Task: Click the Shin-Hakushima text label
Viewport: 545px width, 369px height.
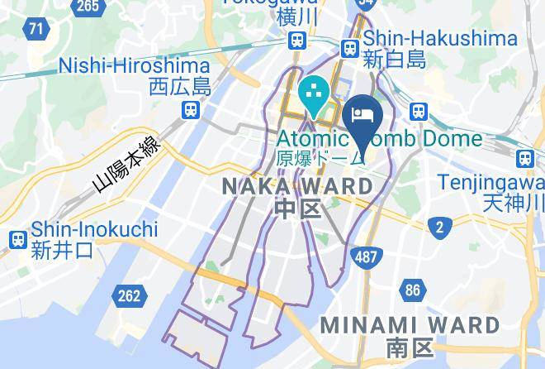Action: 440,38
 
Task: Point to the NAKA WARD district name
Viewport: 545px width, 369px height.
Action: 298,187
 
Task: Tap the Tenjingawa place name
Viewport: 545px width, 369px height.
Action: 490,181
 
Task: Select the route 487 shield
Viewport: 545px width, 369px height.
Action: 367,256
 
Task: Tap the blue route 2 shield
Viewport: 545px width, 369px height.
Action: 440,226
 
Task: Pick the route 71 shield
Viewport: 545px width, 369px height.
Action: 35,30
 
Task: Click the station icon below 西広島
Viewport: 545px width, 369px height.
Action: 192,109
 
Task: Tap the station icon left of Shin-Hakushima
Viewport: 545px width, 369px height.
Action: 351,48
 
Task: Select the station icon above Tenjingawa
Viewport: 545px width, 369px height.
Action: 524,158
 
